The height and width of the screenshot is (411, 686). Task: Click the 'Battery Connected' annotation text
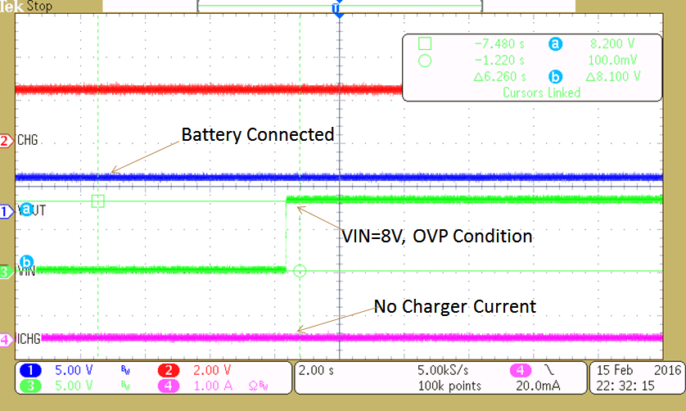pos(257,134)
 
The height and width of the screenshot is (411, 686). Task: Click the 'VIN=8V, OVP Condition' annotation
pos(436,236)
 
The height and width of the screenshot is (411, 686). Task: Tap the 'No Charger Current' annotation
pos(454,306)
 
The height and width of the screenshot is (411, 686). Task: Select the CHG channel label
pos(28,141)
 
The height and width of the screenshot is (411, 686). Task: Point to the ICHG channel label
pos(29,337)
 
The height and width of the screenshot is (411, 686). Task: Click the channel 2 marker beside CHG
pos(7,141)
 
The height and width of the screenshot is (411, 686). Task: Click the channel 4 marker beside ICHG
pos(7,337)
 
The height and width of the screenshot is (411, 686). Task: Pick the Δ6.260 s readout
pos(497,76)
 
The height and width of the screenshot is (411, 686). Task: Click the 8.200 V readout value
pos(612,44)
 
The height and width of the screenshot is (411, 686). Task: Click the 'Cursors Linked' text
pos(541,93)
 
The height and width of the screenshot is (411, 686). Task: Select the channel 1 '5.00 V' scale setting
pos(74,369)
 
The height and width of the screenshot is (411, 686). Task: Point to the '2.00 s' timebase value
pos(316,369)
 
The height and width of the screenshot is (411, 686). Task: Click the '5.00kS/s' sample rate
pos(443,369)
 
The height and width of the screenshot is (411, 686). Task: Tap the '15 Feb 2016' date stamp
pos(635,369)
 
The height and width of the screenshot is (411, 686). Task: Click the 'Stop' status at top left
pos(38,6)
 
